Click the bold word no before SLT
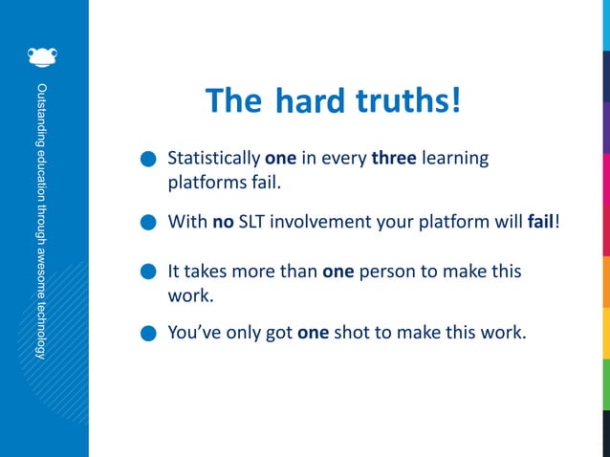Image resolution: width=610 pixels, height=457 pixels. click(x=222, y=223)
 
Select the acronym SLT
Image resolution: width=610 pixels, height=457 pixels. click(x=255, y=223)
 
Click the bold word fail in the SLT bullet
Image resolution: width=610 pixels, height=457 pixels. click(x=540, y=223)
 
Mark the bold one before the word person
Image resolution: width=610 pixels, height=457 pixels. click(x=338, y=272)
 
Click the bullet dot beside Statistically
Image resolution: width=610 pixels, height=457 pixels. click(x=147, y=159)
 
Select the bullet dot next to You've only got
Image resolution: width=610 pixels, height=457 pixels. click(x=147, y=335)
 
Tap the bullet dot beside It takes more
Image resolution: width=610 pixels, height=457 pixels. click(x=147, y=272)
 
